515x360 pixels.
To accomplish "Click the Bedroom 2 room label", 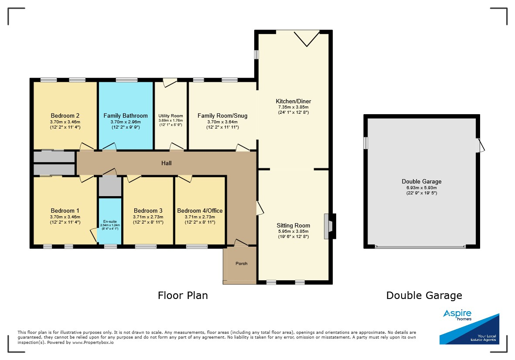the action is tap(65, 115).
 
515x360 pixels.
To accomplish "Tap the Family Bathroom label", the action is tap(126, 115).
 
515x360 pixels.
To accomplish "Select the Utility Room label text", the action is tap(171, 116).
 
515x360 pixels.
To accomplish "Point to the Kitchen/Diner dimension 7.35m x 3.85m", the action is tap(293, 107).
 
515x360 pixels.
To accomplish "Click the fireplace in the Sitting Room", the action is tap(329, 227).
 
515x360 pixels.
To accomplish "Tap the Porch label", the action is tap(242, 264).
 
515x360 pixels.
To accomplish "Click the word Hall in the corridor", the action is tap(167, 163).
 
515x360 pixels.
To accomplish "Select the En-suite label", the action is tap(110, 221).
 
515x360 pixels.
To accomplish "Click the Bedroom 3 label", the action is tap(148, 211).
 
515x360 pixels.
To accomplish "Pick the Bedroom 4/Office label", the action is tap(200, 211).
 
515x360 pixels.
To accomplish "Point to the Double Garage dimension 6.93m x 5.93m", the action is tap(422, 188).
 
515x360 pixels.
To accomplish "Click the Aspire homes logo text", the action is tap(457, 315).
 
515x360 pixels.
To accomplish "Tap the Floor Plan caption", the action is tap(183, 295).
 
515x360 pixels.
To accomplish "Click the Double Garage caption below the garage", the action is tap(424, 295).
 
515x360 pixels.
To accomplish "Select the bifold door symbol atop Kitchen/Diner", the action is tap(307, 38).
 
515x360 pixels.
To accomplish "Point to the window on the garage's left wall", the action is tap(365, 143).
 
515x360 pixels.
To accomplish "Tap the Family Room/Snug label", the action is tap(222, 115).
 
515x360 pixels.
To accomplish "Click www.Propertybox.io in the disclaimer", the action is tap(93, 342).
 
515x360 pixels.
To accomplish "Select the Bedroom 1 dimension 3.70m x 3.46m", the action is tap(65, 217).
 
